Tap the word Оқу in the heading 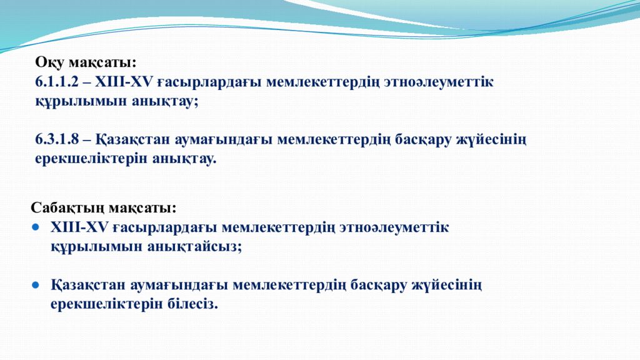(x=48, y=62)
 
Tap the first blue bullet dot (x=36, y=227)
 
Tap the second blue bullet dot (x=36, y=284)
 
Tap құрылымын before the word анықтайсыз (x=96, y=246)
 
